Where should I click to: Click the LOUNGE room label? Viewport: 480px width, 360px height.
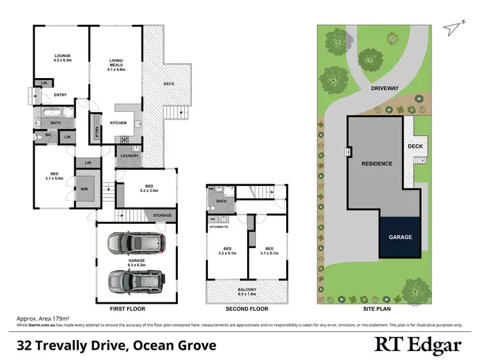[62, 56]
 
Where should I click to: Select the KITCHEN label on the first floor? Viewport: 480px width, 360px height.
[118, 123]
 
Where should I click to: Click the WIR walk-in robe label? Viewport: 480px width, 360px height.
[84, 189]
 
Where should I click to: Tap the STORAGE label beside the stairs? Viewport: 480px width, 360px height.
[162, 215]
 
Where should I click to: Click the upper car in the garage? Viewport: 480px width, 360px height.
[136, 243]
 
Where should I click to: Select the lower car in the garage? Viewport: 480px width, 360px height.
[136, 280]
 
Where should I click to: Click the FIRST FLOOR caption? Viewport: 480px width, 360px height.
[127, 309]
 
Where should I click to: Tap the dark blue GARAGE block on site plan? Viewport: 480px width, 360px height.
[401, 237]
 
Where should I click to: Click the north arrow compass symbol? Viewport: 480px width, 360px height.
[455, 25]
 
